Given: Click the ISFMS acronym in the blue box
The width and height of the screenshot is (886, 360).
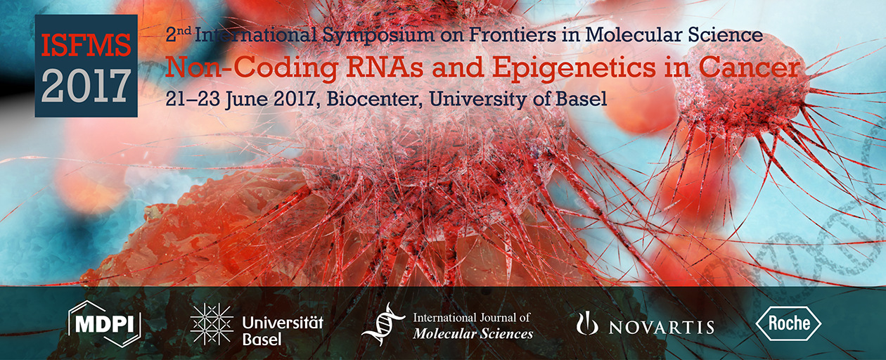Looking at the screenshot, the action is [x=86, y=46].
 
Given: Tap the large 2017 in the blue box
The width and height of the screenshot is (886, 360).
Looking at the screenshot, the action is [x=86, y=86].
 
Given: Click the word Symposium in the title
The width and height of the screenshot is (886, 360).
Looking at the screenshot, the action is [x=378, y=36].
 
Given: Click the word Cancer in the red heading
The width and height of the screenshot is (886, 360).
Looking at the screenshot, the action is [x=750, y=67].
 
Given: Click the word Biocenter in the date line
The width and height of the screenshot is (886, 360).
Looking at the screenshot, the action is [x=372, y=98].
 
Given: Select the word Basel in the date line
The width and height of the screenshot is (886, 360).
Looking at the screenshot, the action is [x=581, y=98].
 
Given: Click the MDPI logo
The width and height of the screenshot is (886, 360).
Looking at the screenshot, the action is [x=104, y=323].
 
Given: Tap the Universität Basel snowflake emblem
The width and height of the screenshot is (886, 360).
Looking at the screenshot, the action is [x=212, y=324].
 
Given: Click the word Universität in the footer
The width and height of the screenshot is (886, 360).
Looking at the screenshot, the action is [x=283, y=323].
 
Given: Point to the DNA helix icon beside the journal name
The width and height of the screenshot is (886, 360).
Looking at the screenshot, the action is [x=383, y=324].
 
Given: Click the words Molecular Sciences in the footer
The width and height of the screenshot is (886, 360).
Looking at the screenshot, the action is [x=473, y=333].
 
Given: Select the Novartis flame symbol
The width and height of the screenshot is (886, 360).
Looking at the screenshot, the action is [x=586, y=323].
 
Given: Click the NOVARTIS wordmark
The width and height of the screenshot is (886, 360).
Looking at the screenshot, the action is [x=662, y=327].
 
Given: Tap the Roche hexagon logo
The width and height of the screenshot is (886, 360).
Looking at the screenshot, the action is [x=788, y=323].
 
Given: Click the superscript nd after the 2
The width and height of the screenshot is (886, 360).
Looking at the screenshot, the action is [x=184, y=31].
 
